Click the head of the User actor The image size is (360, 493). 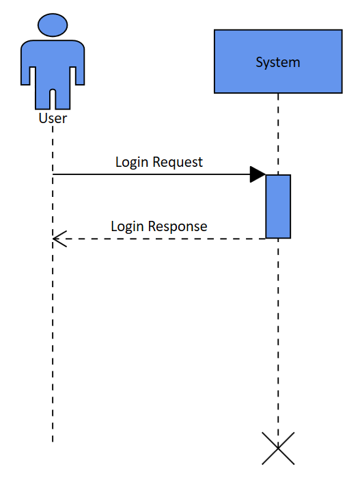tap(53, 25)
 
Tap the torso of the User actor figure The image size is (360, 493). tap(53, 65)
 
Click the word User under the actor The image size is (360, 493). tap(53, 118)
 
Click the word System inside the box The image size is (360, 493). tap(277, 62)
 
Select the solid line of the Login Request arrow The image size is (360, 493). tap(150, 174)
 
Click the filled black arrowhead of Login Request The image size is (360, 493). tap(258, 174)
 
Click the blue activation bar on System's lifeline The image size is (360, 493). tap(278, 206)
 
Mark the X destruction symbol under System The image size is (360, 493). tap(278, 449)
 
